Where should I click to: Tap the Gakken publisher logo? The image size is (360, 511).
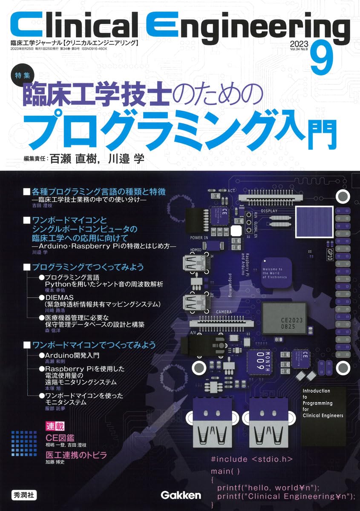[180, 495]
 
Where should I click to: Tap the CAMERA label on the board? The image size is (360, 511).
[224, 312]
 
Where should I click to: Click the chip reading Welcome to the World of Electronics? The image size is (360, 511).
[275, 273]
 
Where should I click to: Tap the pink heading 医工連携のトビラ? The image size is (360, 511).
[76, 455]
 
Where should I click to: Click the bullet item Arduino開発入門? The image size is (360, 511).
[75, 355]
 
